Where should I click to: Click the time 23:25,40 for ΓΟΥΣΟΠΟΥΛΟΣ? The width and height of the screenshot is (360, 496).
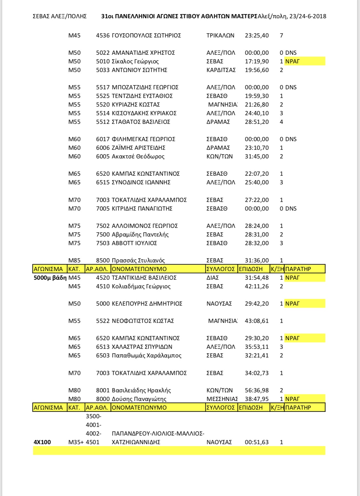257,36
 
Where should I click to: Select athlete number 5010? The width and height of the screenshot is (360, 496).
103,61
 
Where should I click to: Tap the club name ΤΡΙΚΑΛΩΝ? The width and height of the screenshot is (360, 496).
220,36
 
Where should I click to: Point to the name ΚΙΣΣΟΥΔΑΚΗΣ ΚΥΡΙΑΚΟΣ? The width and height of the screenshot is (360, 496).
144,113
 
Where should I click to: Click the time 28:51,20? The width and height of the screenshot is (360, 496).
257,122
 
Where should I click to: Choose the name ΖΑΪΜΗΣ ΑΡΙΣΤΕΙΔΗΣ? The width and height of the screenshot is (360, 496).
139,148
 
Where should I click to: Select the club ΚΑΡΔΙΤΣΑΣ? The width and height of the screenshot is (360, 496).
221,70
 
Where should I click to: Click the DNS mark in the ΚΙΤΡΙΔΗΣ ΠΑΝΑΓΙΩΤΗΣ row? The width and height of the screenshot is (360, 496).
291,209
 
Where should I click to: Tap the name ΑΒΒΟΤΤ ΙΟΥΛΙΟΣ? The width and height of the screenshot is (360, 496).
134,243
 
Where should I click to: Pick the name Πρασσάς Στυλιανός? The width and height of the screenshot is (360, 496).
138,260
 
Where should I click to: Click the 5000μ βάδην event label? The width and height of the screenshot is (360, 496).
50,278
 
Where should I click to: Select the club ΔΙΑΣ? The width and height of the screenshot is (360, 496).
213,278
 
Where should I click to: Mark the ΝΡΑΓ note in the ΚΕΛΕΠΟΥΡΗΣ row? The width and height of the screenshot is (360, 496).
292,304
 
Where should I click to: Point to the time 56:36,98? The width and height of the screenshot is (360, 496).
257,390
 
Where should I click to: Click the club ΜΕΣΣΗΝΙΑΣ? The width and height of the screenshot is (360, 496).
222,399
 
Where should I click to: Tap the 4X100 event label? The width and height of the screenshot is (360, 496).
42,442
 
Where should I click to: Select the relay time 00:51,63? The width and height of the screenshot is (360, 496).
257,442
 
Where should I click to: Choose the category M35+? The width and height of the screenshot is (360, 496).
76,442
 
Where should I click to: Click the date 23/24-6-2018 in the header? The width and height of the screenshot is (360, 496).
308,16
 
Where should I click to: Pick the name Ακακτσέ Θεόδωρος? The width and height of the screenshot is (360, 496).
138,156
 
